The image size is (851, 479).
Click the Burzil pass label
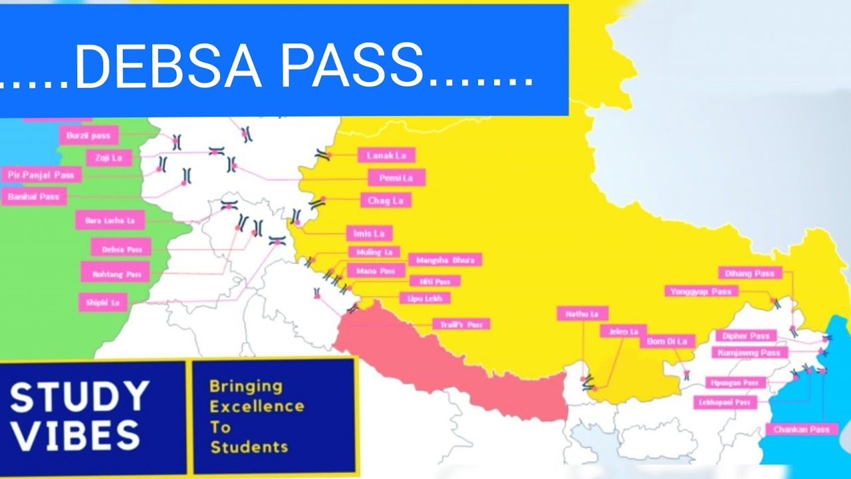89,136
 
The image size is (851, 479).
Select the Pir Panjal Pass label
41,175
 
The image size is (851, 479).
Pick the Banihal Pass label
34,197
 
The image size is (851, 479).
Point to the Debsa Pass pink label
122,249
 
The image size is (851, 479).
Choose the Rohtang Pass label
116,273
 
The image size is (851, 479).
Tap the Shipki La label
102,302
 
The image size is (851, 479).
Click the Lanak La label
386,156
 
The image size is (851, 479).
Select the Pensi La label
396,178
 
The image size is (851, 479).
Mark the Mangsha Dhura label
445,260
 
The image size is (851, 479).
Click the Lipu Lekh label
424,299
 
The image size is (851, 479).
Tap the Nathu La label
582,313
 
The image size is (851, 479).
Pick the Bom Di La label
667,341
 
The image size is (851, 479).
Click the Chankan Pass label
801,430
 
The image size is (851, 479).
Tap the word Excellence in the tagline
257,406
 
